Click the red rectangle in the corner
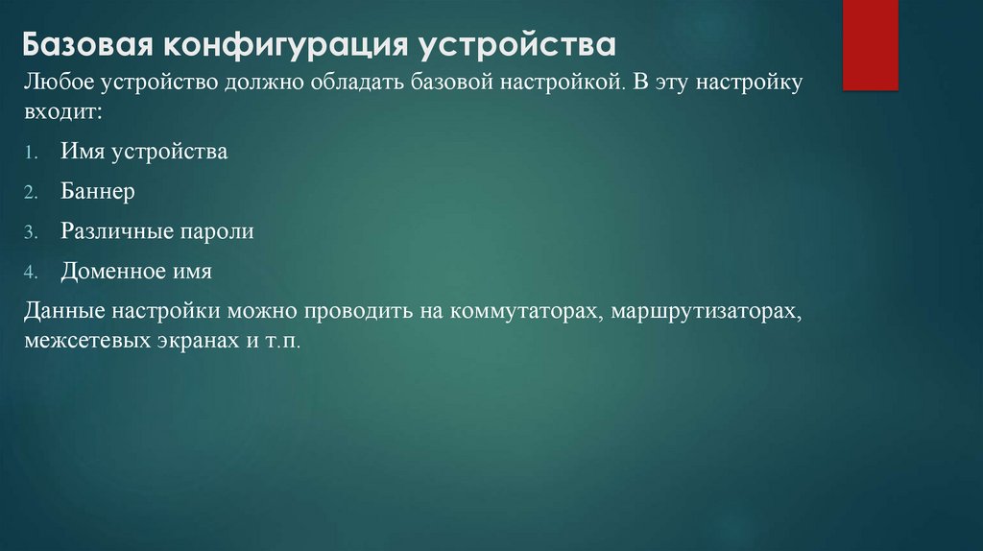coord(870,44)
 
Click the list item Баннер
coord(98,192)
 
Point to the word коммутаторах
coord(515,313)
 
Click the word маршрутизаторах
coord(705,313)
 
